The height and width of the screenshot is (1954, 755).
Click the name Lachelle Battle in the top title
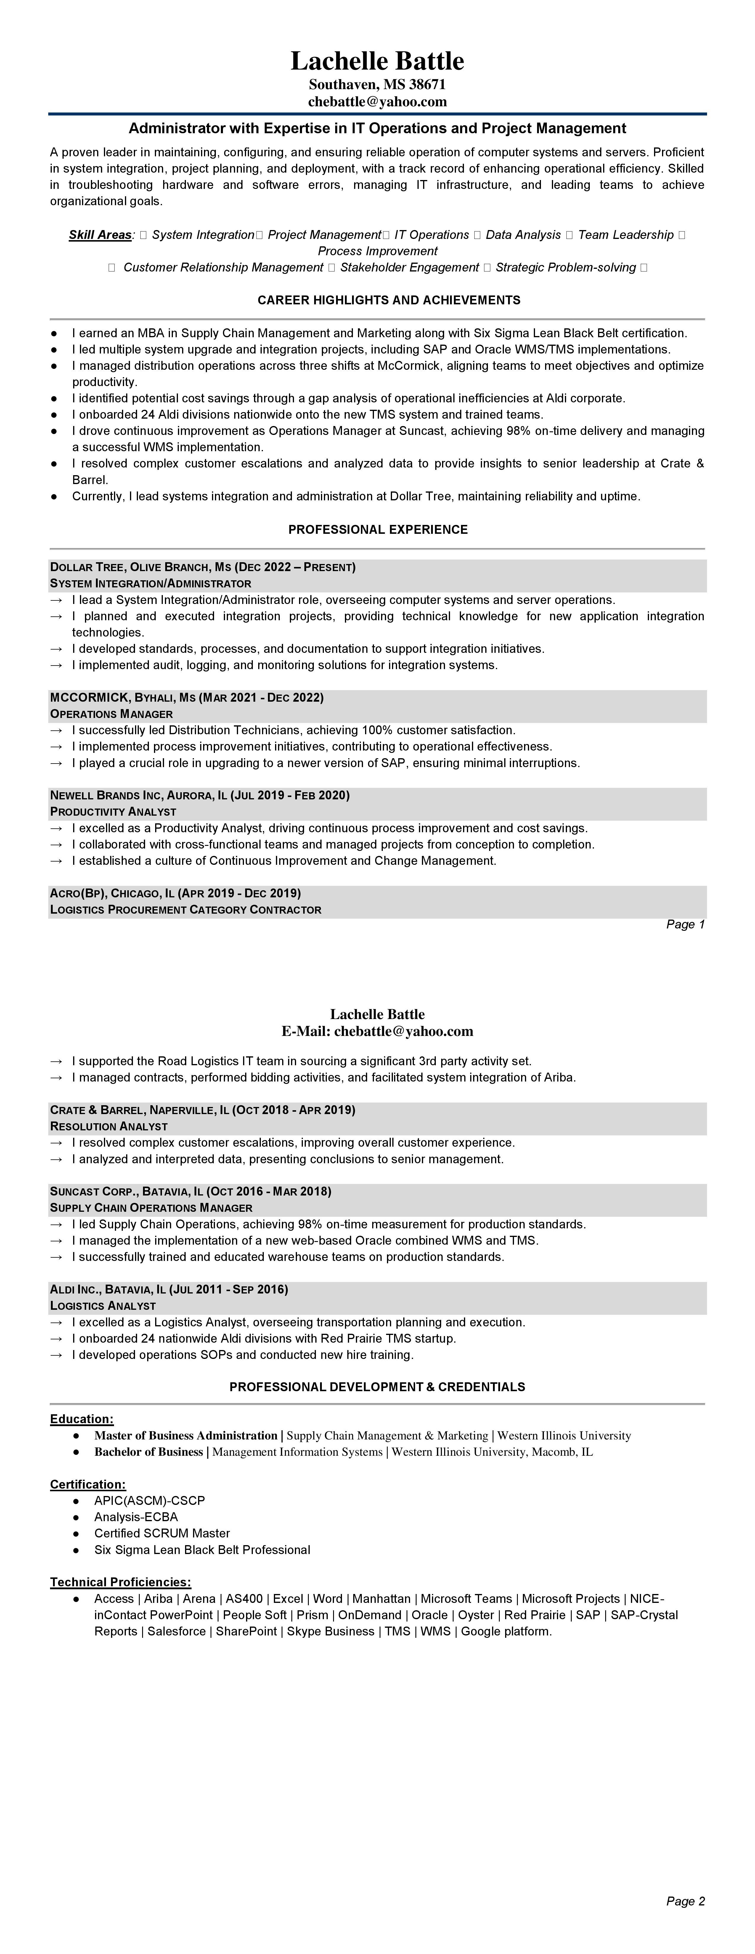tap(377, 61)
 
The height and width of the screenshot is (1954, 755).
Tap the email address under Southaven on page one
tap(377, 101)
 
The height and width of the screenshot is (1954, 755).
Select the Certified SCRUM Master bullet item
tap(162, 1533)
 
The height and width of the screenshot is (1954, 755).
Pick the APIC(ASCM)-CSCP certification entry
tap(150, 1500)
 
